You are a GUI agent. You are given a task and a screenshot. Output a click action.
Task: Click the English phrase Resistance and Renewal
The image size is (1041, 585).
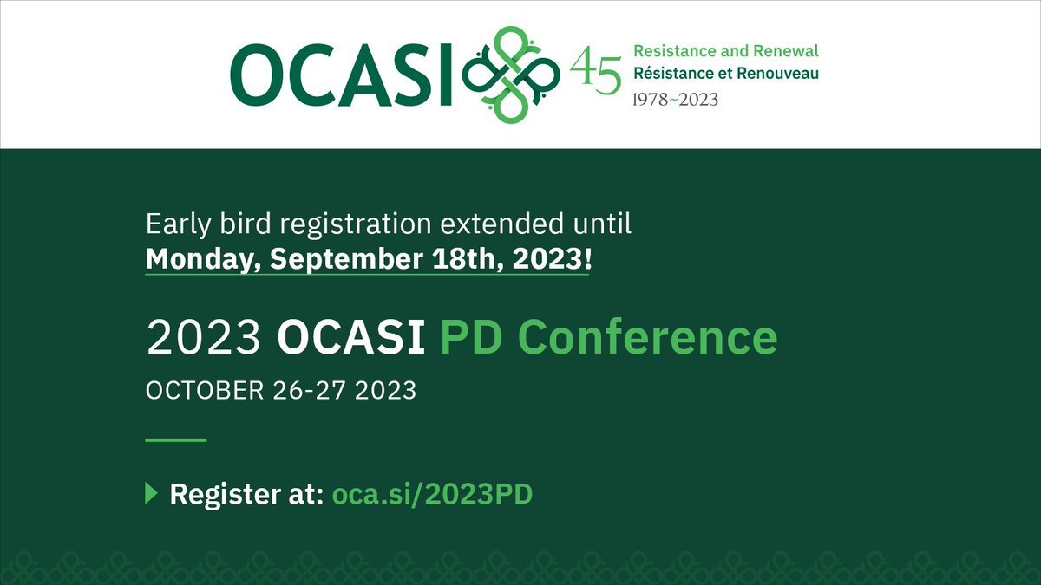coord(726,52)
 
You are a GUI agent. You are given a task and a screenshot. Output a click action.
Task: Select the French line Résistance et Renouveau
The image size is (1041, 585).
coord(726,73)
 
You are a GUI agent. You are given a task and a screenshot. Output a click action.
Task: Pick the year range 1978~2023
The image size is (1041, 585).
coord(676,100)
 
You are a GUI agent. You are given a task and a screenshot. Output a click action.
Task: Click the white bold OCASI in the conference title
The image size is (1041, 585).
coord(350,337)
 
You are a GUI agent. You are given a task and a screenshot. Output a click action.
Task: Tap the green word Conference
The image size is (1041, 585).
coord(648,337)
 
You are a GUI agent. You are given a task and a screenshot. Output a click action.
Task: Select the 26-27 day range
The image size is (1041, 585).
coord(308,390)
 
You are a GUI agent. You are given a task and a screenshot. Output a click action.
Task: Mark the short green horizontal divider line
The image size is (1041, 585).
coord(176,440)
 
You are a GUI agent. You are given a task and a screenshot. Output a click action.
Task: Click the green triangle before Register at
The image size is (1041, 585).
coord(151,494)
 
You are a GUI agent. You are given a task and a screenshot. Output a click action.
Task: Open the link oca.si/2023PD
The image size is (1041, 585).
coord(433,495)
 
